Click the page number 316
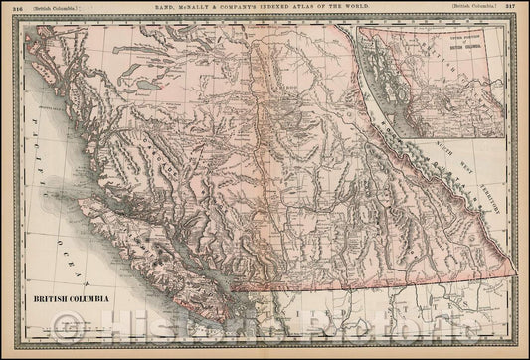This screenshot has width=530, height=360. pyautogui.click(x=14, y=7)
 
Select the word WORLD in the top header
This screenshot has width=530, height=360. pyautogui.click(x=361, y=7)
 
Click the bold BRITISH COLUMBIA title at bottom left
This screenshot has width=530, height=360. pyautogui.click(x=69, y=297)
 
